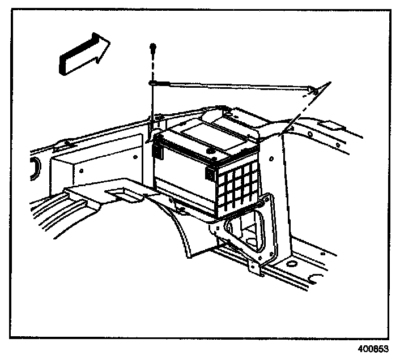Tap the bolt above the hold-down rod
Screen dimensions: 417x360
153,50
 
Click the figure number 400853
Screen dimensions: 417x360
373,349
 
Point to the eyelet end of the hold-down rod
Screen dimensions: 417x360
153,83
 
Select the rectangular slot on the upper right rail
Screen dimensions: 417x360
335,124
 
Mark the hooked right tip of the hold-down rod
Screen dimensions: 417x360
314,87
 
